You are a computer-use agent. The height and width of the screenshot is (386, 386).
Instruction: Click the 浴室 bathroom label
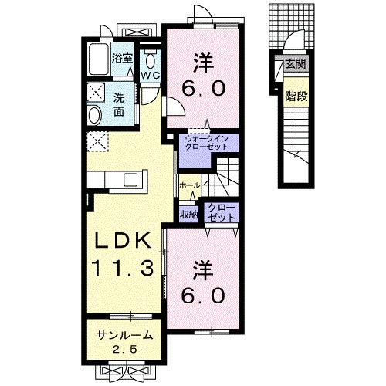pos(122,59)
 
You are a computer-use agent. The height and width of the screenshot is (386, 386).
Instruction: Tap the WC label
pos(150,76)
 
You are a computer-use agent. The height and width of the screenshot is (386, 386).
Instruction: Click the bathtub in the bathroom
pos(98,59)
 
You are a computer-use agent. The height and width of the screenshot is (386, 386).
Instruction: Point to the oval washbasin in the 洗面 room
pos(94,115)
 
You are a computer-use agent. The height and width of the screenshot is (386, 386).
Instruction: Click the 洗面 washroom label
pos(119,105)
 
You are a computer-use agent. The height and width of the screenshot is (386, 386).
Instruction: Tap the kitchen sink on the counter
pos(130,180)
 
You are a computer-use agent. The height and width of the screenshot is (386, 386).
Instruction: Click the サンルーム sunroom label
pos(125,335)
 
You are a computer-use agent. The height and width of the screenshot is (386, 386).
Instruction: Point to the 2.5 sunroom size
pos(124,349)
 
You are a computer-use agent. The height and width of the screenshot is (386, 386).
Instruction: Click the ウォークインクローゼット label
pos(207,143)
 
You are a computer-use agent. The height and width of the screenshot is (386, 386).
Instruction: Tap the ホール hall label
pos(189,185)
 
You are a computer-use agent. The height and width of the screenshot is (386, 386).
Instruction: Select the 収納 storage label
pos(189,214)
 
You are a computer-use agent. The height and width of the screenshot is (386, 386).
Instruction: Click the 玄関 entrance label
pos(296,64)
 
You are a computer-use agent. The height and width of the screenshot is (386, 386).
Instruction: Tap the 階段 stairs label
pos(296,96)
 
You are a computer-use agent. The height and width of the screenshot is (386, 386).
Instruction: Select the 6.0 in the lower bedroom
pos(203,296)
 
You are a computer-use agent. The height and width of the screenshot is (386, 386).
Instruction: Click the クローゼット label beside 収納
pos(222,213)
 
